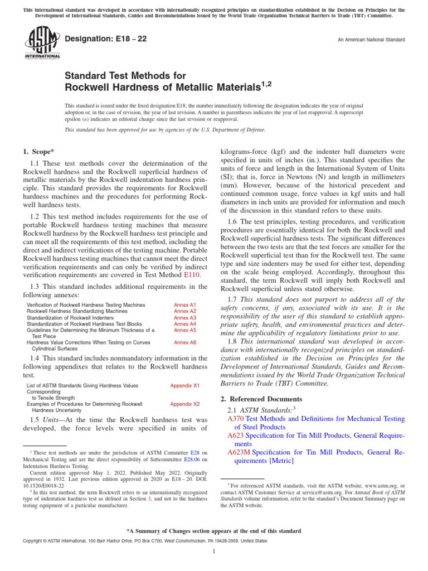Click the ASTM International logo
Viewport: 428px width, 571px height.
[42, 44]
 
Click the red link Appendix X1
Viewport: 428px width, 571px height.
[184, 386]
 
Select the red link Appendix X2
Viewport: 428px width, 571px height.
[184, 404]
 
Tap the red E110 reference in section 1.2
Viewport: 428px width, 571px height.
[191, 275]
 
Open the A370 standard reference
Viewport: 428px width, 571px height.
[236, 418]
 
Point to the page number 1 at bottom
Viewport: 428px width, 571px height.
[214, 551]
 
